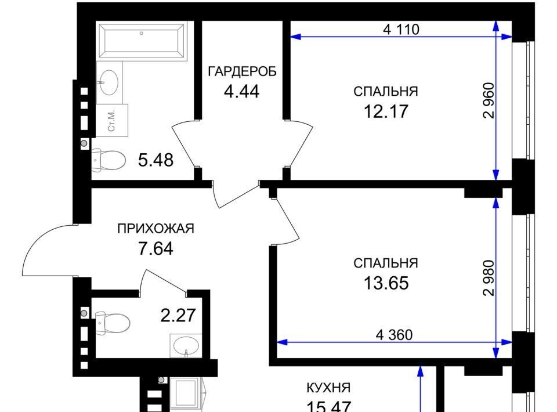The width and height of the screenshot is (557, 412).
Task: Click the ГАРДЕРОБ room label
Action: (242, 72)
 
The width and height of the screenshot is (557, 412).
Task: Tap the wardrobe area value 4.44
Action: (241, 92)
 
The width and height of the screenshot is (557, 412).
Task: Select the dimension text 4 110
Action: (401, 29)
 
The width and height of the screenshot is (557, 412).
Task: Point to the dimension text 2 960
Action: (489, 100)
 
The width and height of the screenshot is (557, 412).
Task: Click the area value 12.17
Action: (386, 111)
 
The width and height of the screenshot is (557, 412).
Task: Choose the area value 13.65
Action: (386, 283)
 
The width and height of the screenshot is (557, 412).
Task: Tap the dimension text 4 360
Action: (394, 335)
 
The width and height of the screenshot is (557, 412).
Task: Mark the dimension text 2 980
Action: (489, 278)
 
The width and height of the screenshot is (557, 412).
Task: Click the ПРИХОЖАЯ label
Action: (155, 229)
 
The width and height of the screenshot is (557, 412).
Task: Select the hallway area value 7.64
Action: (155, 248)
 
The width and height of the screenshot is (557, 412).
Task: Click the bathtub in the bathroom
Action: (142, 40)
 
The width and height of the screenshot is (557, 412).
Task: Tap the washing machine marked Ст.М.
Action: (112, 120)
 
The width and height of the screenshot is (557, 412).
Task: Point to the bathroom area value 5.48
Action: (155, 160)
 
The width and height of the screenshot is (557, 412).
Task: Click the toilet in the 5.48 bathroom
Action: (108, 160)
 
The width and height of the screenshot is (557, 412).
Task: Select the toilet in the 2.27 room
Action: (113, 323)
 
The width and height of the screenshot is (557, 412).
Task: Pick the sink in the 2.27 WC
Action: (186, 345)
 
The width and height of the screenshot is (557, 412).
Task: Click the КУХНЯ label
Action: (328, 388)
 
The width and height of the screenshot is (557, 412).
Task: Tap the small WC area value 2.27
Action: (178, 316)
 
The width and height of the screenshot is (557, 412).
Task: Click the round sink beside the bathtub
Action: (108, 82)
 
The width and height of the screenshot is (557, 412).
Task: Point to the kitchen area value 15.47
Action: (328, 406)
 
